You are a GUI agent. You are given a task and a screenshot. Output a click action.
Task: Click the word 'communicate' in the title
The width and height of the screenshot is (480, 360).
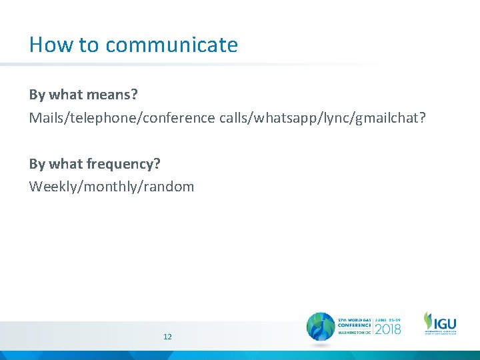pos(171,45)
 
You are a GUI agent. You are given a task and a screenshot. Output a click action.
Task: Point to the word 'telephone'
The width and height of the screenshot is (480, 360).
pos(93,118)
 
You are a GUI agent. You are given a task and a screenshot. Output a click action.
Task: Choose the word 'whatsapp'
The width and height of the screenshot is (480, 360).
pos(261,118)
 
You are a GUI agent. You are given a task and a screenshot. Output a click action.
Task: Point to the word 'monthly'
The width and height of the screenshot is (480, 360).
pos(109,187)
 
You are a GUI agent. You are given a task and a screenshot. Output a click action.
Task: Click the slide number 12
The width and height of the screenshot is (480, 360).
pos(167,337)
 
